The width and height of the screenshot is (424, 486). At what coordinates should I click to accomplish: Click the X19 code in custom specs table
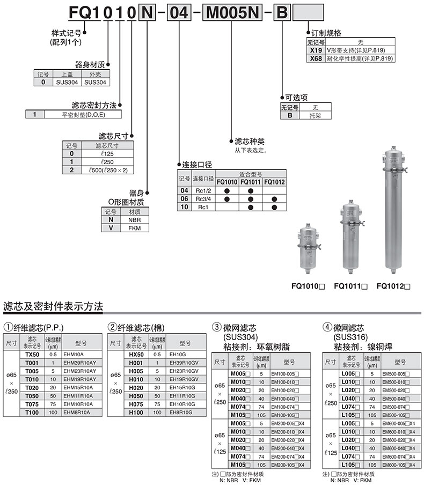tap(316, 50)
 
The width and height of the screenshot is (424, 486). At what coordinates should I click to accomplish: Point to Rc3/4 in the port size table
tap(204, 198)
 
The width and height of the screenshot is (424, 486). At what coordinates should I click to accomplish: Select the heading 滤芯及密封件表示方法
tap(53, 307)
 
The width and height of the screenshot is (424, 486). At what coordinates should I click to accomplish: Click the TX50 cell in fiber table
tap(32, 355)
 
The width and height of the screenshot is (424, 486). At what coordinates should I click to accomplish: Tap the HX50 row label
tap(136, 355)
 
